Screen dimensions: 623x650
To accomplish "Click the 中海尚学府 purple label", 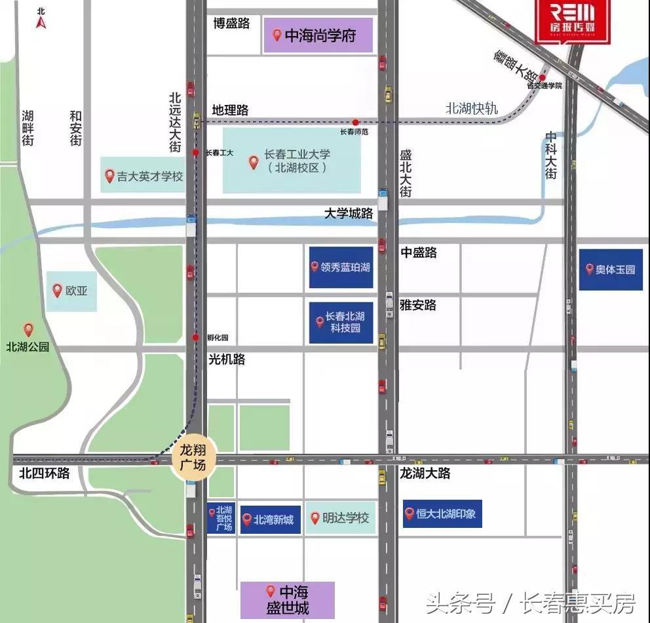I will click(318, 35).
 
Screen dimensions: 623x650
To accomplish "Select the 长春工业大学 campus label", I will click(292, 161).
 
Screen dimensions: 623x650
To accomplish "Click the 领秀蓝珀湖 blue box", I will click(341, 267).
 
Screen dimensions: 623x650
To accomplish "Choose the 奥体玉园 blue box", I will click(610, 269).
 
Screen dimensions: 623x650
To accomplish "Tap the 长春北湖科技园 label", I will click(341, 321).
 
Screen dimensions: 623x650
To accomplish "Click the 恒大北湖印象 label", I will click(442, 513).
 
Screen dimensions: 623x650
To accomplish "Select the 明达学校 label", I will click(340, 518).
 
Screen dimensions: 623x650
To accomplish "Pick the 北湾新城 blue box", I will click(270, 519).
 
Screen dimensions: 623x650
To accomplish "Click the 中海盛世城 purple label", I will click(287, 599).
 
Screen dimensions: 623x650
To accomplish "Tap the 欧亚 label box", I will click(72, 291).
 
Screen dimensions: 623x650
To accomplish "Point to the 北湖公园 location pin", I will click(28, 329).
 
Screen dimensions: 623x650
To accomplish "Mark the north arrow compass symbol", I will click(41, 19).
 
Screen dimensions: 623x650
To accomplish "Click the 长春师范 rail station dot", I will click(355, 122).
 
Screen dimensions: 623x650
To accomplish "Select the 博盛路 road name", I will click(231, 24).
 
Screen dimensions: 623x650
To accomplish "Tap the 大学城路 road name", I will click(349, 214).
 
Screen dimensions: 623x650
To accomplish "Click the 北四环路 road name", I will click(44, 473).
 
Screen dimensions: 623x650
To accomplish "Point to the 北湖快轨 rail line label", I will click(472, 109).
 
